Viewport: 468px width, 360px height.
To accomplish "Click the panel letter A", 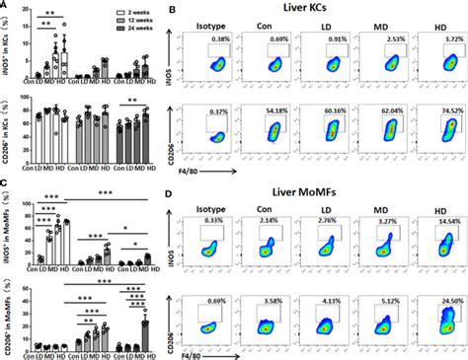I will point(5,5).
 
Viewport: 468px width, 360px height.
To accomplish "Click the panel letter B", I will point(175,7).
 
